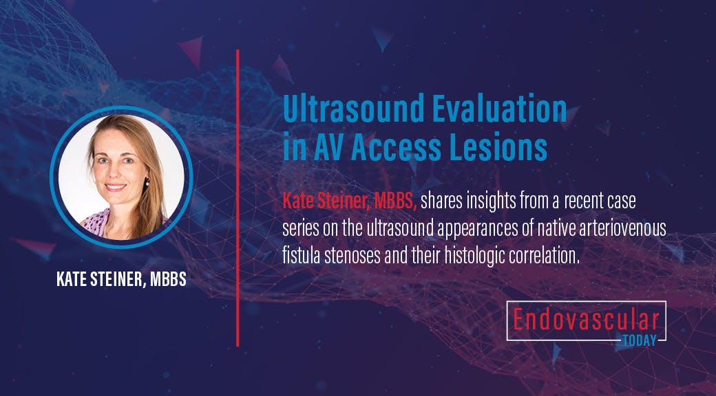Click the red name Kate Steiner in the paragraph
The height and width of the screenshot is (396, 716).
321,201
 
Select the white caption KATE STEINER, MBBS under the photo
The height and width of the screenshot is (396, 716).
121,281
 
